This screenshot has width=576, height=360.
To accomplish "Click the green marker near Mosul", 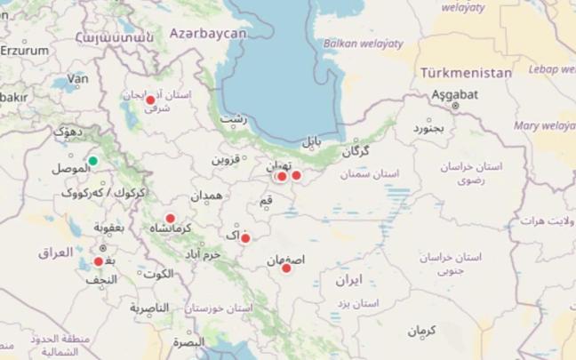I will [92, 161].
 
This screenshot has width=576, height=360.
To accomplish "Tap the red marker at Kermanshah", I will [170, 218].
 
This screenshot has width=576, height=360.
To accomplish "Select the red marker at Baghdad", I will [99, 261].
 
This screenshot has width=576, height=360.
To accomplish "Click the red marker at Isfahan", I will [286, 268].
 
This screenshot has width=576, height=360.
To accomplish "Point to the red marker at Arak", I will [245, 238].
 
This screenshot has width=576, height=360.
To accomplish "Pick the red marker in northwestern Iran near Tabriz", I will [150, 100].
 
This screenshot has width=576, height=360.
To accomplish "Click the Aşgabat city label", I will [454, 93].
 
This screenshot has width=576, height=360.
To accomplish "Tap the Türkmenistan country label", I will [466, 73].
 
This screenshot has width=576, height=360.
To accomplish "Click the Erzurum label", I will [24, 51].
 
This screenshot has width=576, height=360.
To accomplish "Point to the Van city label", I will [78, 79].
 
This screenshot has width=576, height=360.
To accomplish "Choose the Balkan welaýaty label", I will [363, 43].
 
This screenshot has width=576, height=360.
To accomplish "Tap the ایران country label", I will [348, 280].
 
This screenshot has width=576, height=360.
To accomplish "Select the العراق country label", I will [55, 253].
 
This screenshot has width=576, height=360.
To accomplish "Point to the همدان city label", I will [206, 196].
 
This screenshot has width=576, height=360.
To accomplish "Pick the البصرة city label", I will [188, 341].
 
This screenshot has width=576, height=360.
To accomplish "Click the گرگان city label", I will [355, 152].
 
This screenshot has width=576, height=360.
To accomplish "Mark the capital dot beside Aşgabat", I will [455, 105].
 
